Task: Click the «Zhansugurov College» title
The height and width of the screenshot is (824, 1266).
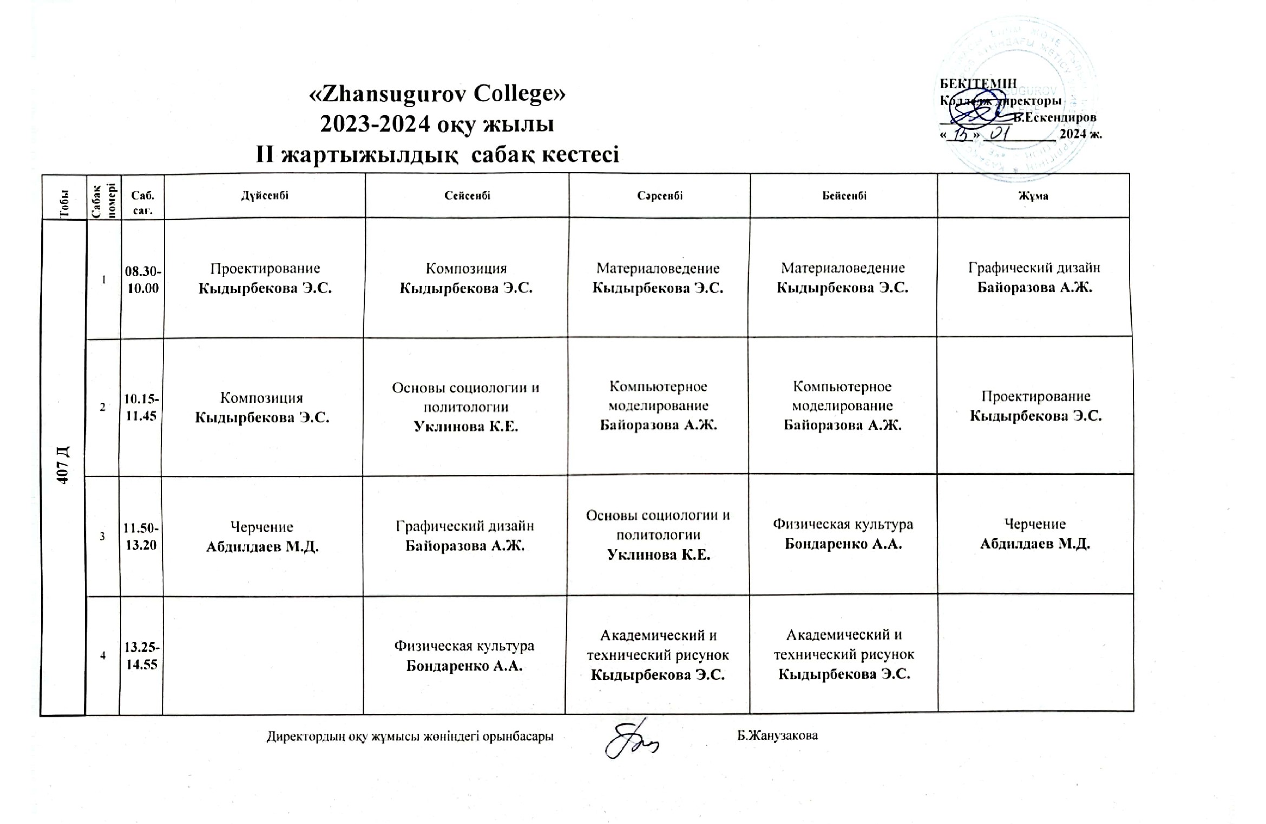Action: (x=437, y=94)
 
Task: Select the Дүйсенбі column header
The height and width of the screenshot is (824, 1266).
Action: (x=265, y=195)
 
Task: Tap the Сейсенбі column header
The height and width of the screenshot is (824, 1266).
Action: (x=467, y=195)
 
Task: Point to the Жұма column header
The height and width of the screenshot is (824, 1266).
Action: (x=1033, y=196)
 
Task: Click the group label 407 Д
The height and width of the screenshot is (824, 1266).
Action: (x=63, y=466)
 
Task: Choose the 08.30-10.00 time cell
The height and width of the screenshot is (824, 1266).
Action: (x=142, y=279)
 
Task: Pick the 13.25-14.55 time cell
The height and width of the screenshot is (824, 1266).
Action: (x=141, y=656)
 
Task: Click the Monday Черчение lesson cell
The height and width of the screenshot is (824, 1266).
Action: (x=263, y=537)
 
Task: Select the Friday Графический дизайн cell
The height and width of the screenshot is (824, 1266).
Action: (x=1034, y=277)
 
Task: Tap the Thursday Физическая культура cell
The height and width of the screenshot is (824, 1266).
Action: (x=843, y=534)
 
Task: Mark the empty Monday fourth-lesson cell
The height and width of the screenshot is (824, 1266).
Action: (x=263, y=655)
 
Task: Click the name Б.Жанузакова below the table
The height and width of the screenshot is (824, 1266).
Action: (x=777, y=736)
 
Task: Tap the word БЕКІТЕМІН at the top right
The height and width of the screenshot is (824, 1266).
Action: (x=978, y=83)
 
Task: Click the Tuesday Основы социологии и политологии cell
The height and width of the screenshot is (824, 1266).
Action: (x=465, y=407)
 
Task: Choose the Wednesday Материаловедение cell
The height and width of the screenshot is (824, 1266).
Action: (x=658, y=278)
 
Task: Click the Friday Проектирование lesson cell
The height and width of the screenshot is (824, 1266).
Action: (x=1035, y=406)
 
